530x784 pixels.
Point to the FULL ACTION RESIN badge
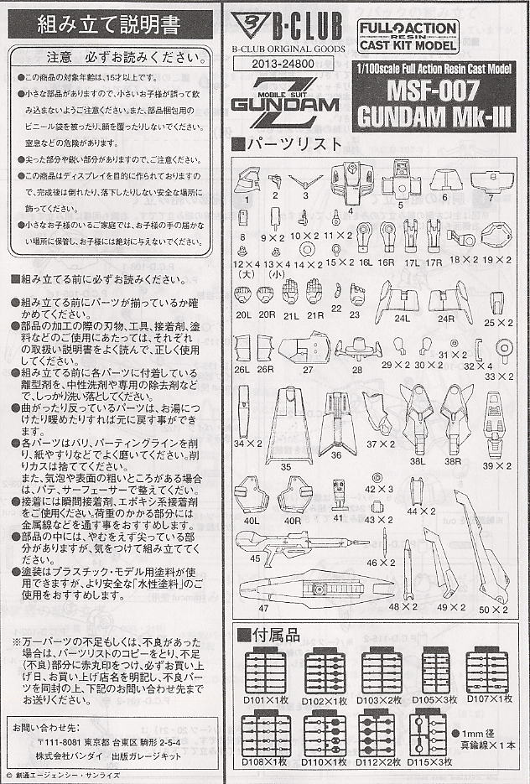click(408, 38)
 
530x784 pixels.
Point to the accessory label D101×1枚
click(264, 698)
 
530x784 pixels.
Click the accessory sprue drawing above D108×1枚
click(264, 735)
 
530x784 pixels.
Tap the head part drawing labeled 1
click(250, 181)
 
